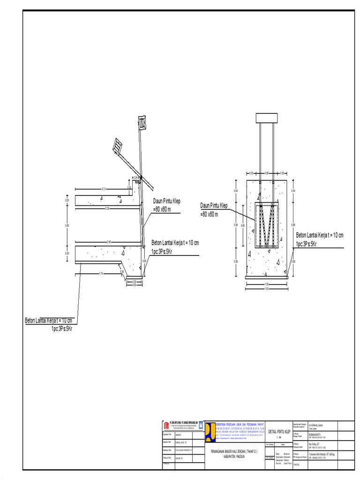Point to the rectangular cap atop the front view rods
tap(266, 117)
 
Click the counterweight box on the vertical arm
tap(142, 123)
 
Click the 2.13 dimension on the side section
tap(104, 188)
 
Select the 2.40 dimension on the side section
tap(109, 242)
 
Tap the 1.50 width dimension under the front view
tap(267, 284)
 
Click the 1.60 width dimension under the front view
tap(267, 289)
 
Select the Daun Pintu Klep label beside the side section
tap(166, 201)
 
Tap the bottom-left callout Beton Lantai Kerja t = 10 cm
tap(50, 320)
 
